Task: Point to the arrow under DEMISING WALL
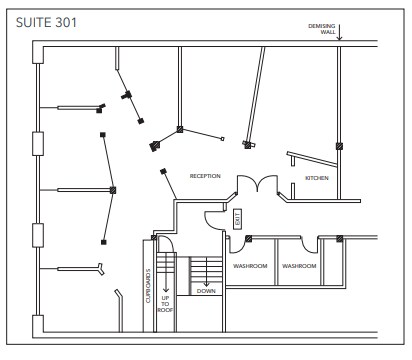tap(340, 37)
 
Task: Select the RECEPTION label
tap(204, 176)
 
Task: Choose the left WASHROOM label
tap(249, 266)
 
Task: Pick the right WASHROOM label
tap(299, 266)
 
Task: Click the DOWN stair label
tap(205, 291)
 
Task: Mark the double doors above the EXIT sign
tap(251, 186)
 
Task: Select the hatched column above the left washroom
tap(248, 238)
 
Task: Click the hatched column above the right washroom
tap(340, 238)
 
